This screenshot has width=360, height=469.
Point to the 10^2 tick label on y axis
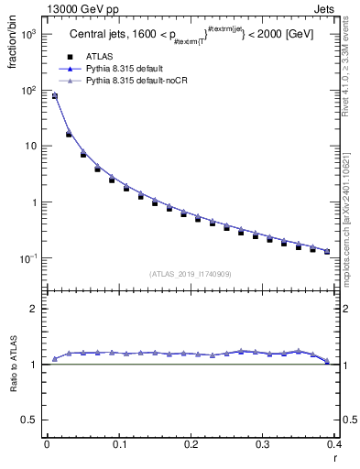click(28, 90)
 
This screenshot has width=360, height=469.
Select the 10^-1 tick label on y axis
click(28, 259)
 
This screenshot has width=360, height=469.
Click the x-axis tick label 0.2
click(191, 444)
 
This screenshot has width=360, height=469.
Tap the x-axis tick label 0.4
click(335, 444)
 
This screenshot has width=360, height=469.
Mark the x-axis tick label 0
click(47, 444)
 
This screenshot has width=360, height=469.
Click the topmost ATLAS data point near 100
click(54, 96)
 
